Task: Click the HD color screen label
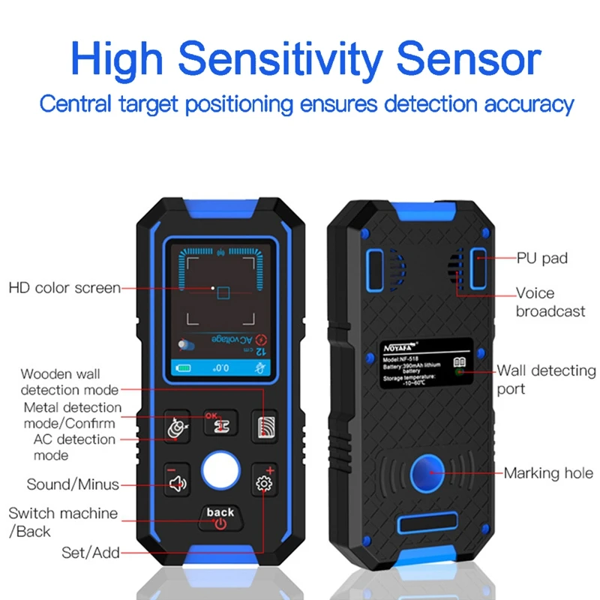[x=64, y=288]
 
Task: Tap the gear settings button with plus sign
[x=263, y=483]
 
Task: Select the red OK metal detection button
[x=220, y=425]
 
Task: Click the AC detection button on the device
[x=178, y=427]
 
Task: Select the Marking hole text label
[x=548, y=473]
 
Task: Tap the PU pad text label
[x=542, y=258]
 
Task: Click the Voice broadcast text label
[x=550, y=301]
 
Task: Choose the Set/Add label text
[x=91, y=553]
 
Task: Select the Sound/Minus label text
[x=73, y=484]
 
